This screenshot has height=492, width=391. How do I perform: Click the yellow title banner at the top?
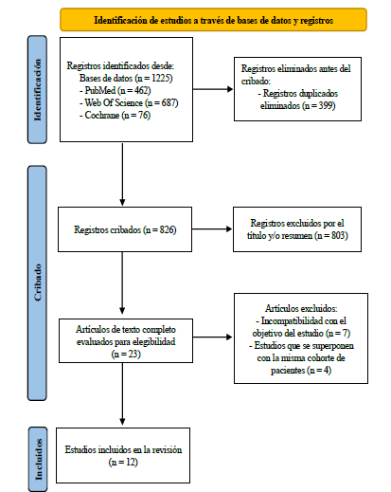click(x=213, y=20)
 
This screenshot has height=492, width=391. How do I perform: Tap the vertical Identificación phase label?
click(x=37, y=90)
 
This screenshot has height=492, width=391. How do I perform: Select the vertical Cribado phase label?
click(x=37, y=282)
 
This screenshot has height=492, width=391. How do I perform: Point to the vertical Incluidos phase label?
click(x=38, y=459)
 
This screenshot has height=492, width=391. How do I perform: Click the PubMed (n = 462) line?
click(x=115, y=91)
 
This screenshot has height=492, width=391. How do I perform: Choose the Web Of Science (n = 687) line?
click(x=129, y=103)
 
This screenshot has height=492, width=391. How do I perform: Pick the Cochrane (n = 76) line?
click(x=115, y=116)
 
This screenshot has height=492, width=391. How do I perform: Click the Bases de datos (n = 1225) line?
click(x=126, y=78)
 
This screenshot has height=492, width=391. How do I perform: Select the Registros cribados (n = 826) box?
click(x=125, y=229)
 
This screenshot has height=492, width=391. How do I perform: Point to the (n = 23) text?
click(x=126, y=354)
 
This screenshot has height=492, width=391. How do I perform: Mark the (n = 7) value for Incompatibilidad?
click(x=338, y=333)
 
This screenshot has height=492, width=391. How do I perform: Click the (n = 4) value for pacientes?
click(x=319, y=370)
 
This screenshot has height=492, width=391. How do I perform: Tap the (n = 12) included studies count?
click(x=123, y=463)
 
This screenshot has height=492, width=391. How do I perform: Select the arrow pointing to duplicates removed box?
click(x=213, y=89)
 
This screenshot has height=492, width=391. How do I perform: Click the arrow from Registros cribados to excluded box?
click(x=212, y=229)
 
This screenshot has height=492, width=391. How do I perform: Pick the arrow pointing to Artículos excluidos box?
click(x=213, y=337)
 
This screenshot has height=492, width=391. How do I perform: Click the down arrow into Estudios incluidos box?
click(x=122, y=394)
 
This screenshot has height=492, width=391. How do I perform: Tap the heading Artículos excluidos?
click(x=301, y=308)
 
